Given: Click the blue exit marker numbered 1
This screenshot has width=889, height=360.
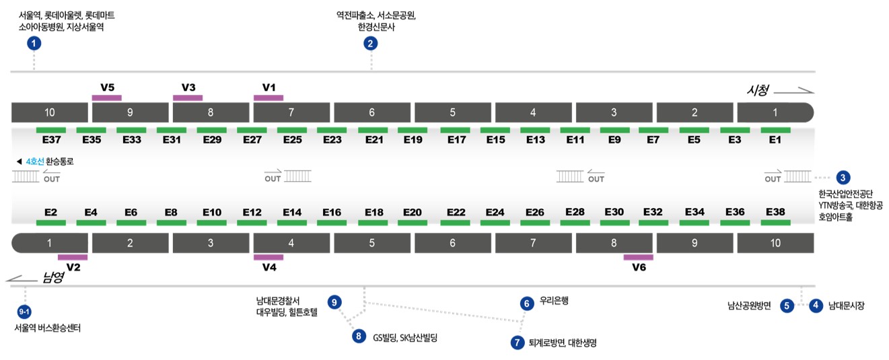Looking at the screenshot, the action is tap(34, 43).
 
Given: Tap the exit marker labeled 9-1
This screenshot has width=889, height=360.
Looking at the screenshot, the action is tap(24, 312).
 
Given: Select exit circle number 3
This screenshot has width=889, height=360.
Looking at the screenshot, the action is tap(843, 178).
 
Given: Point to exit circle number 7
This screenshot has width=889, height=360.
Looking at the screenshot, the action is tap(517, 342).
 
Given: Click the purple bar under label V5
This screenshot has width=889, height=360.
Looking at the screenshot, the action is tap(107, 98).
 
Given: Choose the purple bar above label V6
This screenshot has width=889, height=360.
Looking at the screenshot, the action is tap(638, 257).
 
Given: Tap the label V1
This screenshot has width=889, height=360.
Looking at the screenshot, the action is tap(269, 87).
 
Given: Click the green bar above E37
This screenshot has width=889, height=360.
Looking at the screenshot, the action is tap(50, 130).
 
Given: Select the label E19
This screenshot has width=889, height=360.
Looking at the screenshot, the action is tap(413, 140).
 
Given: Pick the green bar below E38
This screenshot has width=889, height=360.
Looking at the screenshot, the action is tap(775, 223).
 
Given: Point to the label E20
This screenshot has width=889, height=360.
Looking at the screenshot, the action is tap(413, 213).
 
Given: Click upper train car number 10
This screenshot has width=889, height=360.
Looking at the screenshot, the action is tap(50, 112).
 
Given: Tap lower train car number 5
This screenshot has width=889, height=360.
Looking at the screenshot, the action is tap(372, 243).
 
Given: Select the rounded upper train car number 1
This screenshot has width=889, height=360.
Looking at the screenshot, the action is tap(775, 112).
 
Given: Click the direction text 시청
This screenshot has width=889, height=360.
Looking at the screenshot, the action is tap(758, 90).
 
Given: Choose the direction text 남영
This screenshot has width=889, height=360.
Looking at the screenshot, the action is tap(53, 277).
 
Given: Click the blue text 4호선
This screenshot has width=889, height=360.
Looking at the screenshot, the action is tap(35, 161).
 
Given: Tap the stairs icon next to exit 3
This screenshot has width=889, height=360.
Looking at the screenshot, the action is tap(797, 176).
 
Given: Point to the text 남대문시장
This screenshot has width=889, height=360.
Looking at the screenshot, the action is tap(846, 305).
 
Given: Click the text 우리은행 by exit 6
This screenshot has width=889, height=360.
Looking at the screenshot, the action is tap(554, 301).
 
